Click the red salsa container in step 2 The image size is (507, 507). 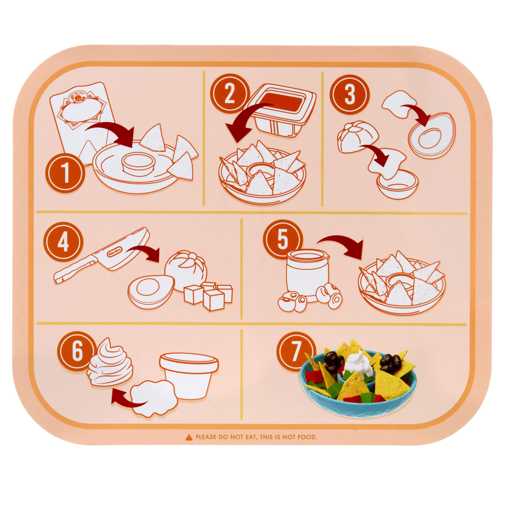pos(280,110)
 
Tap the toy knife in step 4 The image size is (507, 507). pos(102,256)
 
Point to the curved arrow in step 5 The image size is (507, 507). pos(341,244)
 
